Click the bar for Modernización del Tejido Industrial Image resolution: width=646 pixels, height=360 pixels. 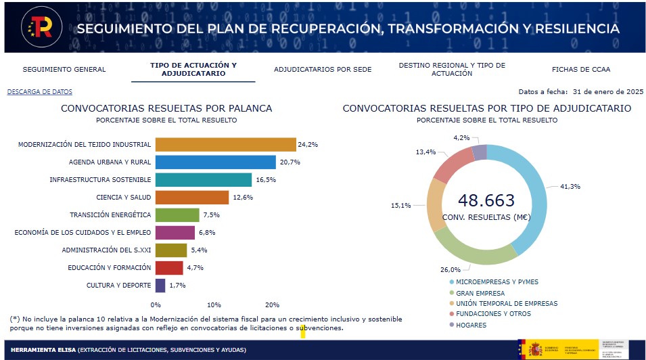point(225,144)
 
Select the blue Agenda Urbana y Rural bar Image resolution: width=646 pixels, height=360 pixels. point(215,162)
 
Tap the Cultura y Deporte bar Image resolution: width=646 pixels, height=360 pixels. point(160,286)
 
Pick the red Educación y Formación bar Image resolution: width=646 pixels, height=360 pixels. point(169,268)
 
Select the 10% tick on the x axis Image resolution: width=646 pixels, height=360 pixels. point(214,305)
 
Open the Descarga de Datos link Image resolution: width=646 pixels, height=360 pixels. point(39,92)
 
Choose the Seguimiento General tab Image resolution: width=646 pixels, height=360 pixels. point(64,69)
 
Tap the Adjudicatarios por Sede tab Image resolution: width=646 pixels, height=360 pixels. point(323,69)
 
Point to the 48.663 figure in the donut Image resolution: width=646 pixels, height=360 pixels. point(486,200)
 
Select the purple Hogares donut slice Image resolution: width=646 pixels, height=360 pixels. point(479,152)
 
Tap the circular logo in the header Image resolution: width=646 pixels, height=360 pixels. point(41,27)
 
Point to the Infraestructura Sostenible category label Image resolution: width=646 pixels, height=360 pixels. point(100,180)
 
